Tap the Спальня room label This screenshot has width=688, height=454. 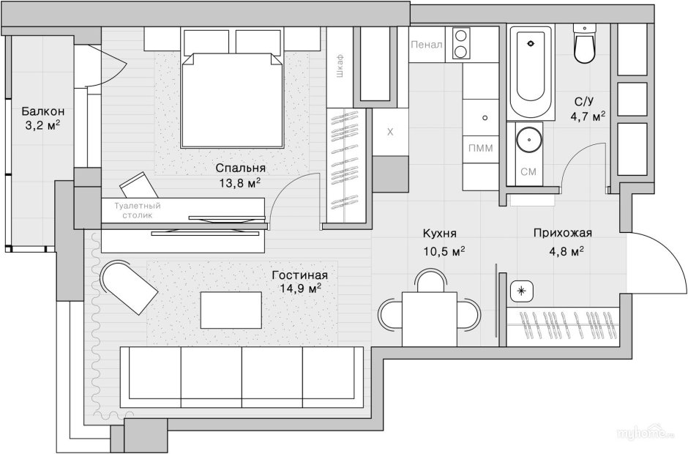(241, 168)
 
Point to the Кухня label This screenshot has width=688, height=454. (440, 233)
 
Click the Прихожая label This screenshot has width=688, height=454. (563, 233)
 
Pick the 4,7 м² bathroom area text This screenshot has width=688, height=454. (588, 116)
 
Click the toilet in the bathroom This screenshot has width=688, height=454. (585, 44)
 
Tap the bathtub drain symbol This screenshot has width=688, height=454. (530, 43)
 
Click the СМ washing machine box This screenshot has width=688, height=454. (528, 171)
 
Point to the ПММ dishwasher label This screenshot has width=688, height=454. (480, 149)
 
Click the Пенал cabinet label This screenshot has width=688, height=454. (427, 45)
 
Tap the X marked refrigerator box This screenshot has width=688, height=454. (390, 132)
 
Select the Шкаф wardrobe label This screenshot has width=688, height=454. (340, 66)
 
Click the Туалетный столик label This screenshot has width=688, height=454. (138, 210)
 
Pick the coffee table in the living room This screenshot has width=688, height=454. (231, 310)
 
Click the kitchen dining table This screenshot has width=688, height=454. (430, 319)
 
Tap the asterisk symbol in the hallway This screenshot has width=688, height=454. (522, 291)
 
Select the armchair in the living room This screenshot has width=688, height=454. (129, 287)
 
